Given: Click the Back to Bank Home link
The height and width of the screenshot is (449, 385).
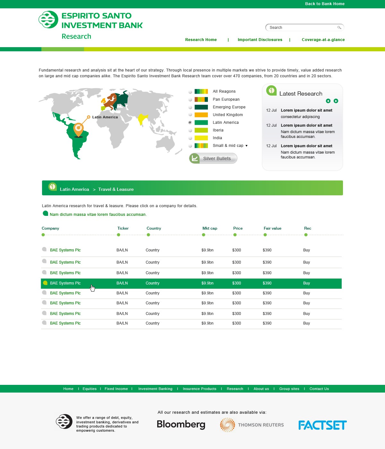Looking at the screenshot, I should click(x=325, y=4).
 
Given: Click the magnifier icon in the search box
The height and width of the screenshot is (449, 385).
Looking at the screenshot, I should click(x=339, y=28).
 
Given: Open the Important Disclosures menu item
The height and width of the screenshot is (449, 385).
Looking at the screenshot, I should click(x=260, y=40).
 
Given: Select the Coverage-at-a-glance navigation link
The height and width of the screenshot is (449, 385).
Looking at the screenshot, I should click(x=323, y=40).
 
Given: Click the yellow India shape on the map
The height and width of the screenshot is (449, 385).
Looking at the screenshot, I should click(x=142, y=119).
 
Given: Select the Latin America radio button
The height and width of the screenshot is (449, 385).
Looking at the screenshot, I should click(x=190, y=123).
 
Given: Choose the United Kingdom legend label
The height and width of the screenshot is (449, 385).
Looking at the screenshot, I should click(x=227, y=115).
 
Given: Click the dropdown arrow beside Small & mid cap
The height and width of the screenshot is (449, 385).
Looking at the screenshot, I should click(x=246, y=146).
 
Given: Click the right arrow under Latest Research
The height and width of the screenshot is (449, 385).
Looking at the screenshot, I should click(x=336, y=101).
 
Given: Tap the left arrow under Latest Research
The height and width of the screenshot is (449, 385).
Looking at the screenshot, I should click(x=328, y=101).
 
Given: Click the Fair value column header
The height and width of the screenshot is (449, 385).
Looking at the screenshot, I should click(x=272, y=228).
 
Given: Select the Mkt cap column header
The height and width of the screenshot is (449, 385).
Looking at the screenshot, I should click(x=210, y=228).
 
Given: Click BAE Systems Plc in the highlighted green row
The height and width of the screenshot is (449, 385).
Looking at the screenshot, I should click(x=65, y=283).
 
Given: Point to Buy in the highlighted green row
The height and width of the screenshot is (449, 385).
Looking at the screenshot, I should click(x=306, y=283).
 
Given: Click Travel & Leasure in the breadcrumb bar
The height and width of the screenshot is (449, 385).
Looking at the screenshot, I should click(x=116, y=190).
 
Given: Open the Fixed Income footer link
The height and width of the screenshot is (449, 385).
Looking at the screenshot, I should click(x=116, y=389).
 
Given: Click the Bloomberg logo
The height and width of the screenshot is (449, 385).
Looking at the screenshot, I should click(x=181, y=424).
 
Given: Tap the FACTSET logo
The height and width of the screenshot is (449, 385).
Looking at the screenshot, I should click(x=322, y=425).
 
